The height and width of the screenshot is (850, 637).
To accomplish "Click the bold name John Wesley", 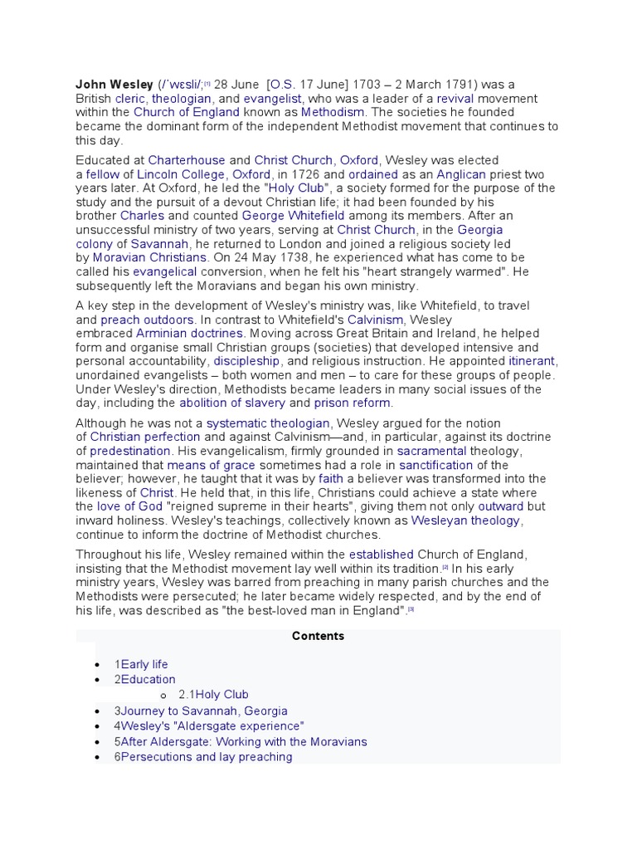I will [114, 84].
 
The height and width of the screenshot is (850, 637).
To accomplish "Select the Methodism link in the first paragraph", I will [333, 112].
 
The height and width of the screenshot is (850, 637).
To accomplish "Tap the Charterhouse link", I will [187, 160].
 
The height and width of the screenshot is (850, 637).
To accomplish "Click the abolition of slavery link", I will [232, 403].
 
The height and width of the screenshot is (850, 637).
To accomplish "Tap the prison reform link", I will [353, 403].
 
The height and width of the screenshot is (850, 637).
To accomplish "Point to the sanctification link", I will [436, 465].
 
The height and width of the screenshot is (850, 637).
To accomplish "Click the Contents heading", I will [318, 636].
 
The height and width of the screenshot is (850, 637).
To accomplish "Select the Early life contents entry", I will [144, 664].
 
